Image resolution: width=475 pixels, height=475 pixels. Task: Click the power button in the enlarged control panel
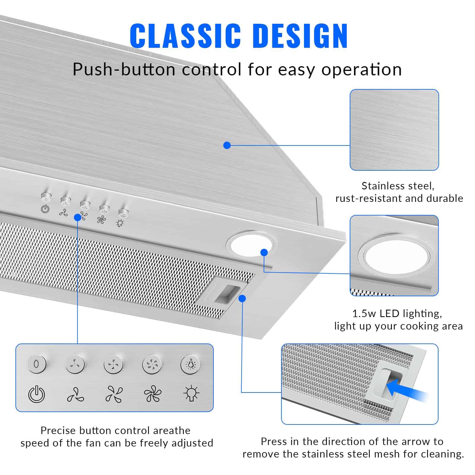click(x=37, y=364)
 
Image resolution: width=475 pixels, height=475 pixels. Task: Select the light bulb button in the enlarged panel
click(x=190, y=364)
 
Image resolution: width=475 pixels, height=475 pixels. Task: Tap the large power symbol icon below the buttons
click(x=37, y=394)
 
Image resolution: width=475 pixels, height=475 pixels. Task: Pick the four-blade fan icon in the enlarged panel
click(x=114, y=394)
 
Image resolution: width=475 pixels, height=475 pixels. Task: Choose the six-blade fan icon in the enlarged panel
click(x=153, y=394)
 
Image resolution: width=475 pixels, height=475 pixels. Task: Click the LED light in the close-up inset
click(x=397, y=257)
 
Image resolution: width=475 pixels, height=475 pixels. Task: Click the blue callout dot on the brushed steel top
click(x=227, y=145)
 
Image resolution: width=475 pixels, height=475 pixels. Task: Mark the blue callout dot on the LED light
click(x=264, y=252)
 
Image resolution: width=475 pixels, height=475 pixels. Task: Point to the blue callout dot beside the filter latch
click(x=242, y=298)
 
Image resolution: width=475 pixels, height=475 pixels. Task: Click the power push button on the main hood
click(x=46, y=197)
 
